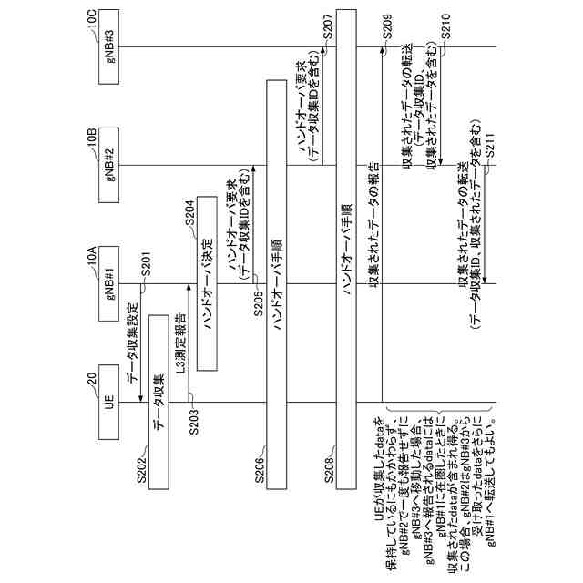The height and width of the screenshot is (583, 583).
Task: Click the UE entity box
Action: coord(108,404)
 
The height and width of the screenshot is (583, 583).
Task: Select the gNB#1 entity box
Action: coord(108,284)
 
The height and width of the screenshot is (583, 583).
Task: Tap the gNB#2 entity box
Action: coord(108,165)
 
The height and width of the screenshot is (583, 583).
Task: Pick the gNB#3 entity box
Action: coord(108,47)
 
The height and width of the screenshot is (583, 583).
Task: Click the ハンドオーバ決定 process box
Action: coord(207,283)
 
